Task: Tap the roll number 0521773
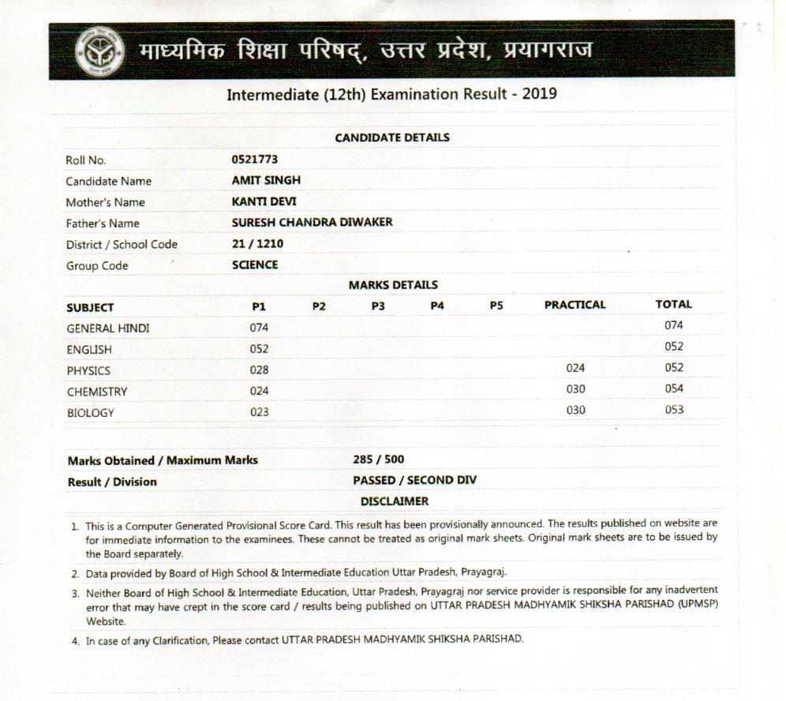255,159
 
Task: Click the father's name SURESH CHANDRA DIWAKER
312,223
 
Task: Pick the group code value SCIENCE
255,265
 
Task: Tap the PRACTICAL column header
575,305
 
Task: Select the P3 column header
378,306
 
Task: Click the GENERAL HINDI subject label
107,328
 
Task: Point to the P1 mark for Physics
259,369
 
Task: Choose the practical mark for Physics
576,368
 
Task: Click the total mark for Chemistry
673,388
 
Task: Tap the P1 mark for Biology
259,412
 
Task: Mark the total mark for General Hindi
673,325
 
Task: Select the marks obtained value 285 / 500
379,459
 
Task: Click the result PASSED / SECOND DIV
414,480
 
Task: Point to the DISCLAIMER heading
395,501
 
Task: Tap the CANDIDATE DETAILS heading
392,137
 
